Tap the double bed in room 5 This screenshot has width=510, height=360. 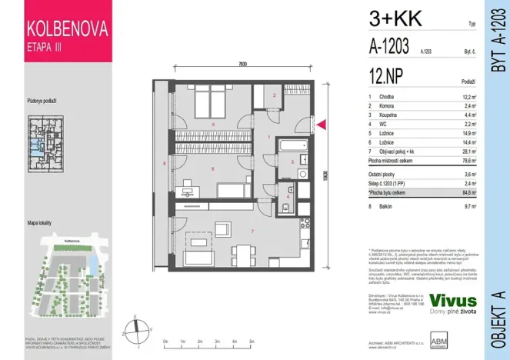(207, 102)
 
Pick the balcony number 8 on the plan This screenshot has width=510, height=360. (165, 163)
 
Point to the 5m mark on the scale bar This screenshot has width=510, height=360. (252, 340)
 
